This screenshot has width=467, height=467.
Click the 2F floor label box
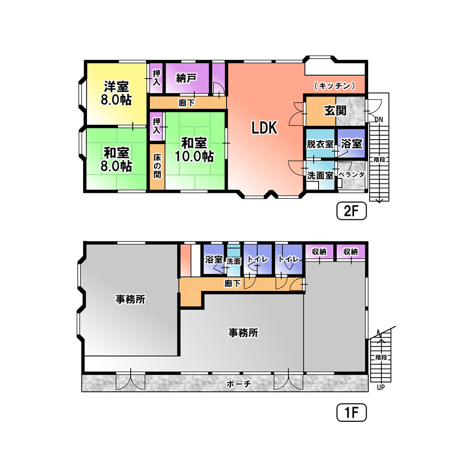click(x=351, y=211)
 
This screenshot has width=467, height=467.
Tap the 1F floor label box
click(x=351, y=412)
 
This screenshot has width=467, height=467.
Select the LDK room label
click(x=264, y=128)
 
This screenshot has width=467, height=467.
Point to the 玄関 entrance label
click(x=335, y=111)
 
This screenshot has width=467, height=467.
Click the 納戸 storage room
click(x=187, y=78)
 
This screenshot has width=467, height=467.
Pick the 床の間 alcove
click(x=157, y=167)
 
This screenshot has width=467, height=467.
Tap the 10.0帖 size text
click(x=194, y=156)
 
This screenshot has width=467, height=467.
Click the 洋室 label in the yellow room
click(x=116, y=87)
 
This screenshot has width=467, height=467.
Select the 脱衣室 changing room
click(x=320, y=143)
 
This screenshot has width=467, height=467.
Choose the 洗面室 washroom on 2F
click(x=320, y=175)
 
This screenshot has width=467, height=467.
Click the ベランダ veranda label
click(x=352, y=175)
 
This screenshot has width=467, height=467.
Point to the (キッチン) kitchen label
click(x=335, y=86)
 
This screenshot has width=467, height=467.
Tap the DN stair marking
click(x=379, y=120)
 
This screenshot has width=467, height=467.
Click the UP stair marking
click(x=380, y=387)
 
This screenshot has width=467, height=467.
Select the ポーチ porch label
click(x=238, y=384)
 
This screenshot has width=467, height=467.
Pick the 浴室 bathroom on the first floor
click(x=213, y=259)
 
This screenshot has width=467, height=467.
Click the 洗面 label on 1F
click(x=233, y=262)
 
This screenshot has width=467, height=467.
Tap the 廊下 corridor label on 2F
click(x=187, y=103)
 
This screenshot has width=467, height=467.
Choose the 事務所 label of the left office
click(x=130, y=299)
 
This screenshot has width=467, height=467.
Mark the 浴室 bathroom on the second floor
click(x=351, y=143)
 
